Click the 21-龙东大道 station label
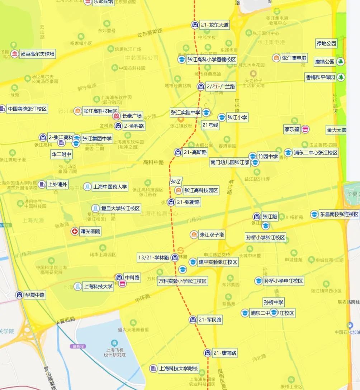point(214,25)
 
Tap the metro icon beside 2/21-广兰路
point(200,86)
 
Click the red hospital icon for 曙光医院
point(75,232)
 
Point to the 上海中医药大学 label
point(110,187)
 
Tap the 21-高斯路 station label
point(195,152)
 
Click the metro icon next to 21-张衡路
point(171,202)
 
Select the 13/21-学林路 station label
point(154,257)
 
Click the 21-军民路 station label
point(209,320)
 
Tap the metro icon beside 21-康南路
point(207,353)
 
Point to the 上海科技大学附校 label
point(178,368)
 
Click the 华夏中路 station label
point(35,295)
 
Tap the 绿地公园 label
point(326,43)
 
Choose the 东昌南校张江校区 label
point(339,214)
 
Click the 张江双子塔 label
point(212,235)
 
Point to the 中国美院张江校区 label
point(27,109)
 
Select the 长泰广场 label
point(132,116)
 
